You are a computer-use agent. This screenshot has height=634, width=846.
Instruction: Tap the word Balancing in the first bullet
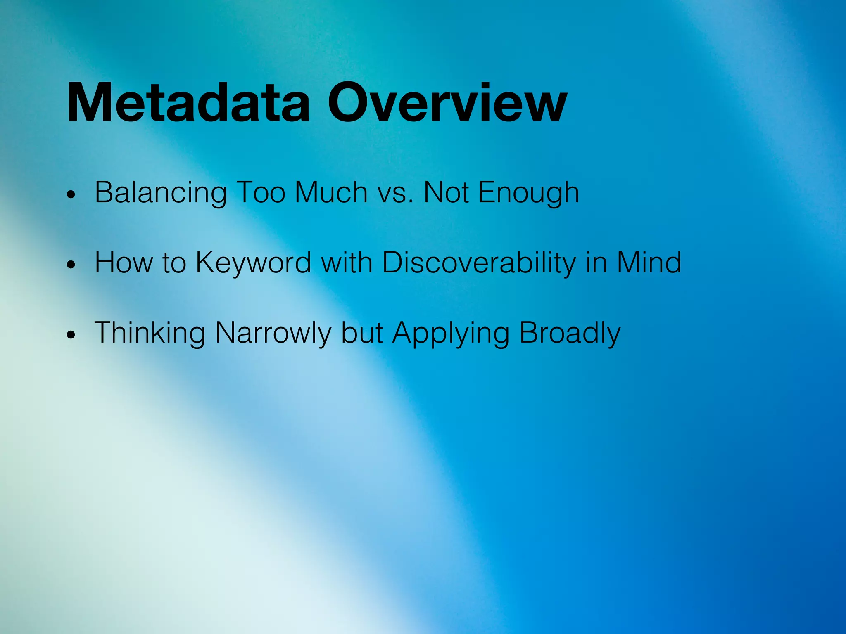[x=161, y=192]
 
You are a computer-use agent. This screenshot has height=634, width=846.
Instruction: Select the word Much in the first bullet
[x=331, y=192]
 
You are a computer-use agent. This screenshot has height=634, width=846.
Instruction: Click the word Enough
[x=528, y=193]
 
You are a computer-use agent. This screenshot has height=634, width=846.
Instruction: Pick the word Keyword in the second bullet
[x=253, y=263]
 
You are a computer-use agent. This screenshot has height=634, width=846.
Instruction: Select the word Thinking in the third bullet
[x=150, y=333]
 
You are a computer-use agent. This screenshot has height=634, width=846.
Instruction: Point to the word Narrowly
[x=273, y=333]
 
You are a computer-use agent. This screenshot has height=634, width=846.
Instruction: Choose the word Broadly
[x=570, y=333]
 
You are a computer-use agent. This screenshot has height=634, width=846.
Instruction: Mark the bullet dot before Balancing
[x=71, y=195]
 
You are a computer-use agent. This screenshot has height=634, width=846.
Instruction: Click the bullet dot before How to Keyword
[x=71, y=265]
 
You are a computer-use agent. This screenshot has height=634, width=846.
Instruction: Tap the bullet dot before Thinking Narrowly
[x=71, y=335]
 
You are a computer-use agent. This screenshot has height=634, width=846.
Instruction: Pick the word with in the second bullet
[x=347, y=263]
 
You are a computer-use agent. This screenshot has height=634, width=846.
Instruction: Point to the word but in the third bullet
[x=362, y=333]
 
